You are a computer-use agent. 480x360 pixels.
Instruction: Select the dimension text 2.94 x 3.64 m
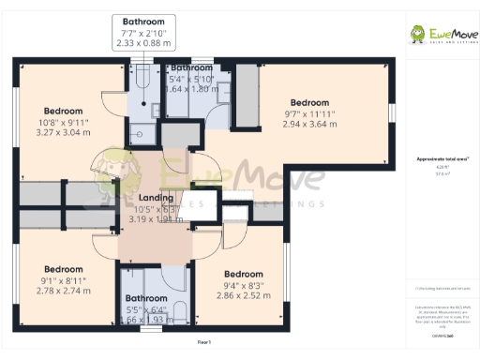click(x=308, y=125)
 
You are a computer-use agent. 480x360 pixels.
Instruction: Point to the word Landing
click(x=155, y=198)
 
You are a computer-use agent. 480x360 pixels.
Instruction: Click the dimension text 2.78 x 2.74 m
click(x=64, y=291)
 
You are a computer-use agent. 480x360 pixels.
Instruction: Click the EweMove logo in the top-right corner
click(x=439, y=35)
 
